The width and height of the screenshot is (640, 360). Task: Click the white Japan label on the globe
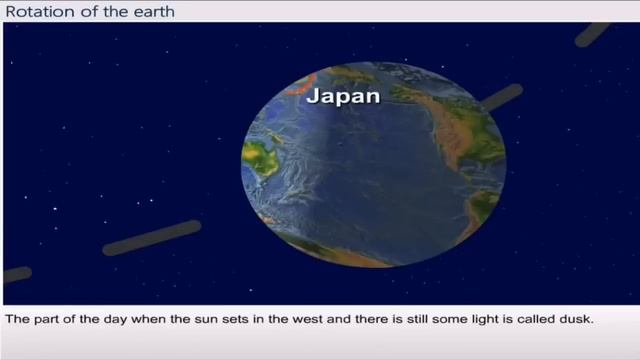[x=344, y=98]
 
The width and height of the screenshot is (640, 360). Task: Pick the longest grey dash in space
[x=151, y=239]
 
